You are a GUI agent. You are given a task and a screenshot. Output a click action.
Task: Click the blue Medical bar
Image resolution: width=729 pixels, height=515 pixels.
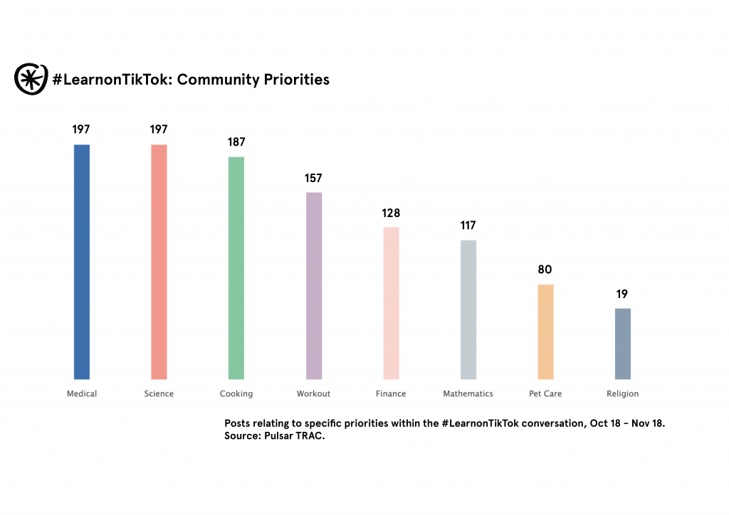pos(82,262)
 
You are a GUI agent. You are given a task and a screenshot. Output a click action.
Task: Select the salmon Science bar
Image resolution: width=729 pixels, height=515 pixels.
pos(159,262)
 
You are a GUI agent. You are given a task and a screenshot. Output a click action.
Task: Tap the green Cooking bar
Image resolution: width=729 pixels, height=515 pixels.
pos(236,268)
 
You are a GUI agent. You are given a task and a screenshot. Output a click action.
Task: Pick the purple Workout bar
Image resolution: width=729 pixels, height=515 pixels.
pos(314,286)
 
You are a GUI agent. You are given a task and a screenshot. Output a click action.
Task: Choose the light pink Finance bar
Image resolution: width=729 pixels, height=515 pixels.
pos(391,303)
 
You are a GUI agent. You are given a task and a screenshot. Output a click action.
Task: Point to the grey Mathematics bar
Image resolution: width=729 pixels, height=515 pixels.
pos(468,309)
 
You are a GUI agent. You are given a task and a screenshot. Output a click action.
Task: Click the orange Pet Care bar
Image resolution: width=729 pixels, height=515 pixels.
pos(545,331)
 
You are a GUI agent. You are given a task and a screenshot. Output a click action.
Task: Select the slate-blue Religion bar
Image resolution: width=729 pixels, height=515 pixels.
pos(622,344)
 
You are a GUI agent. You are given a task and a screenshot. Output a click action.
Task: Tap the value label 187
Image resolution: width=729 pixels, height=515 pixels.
pos(236,142)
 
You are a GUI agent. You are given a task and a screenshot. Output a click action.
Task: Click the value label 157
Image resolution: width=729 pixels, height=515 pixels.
pos(314,178)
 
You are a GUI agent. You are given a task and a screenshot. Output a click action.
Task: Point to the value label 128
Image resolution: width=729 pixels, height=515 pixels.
pos(391,213)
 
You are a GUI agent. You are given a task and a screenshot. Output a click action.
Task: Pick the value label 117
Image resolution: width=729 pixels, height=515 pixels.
pos(468,225)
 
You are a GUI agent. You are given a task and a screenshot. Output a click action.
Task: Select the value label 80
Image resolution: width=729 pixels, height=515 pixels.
pos(545,270)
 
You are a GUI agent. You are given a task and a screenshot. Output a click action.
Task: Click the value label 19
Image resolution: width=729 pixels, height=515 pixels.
pos(622,294)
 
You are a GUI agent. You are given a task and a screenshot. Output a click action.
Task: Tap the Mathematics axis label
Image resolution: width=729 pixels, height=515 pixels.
pos(468,393)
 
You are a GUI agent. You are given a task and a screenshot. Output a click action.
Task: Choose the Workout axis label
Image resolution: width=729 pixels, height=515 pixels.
pos(313,393)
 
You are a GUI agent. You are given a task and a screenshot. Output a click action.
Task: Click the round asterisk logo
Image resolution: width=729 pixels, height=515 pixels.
pos(31,78)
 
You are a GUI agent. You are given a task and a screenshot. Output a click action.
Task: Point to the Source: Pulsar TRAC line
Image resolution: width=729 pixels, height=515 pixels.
pos(274,436)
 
